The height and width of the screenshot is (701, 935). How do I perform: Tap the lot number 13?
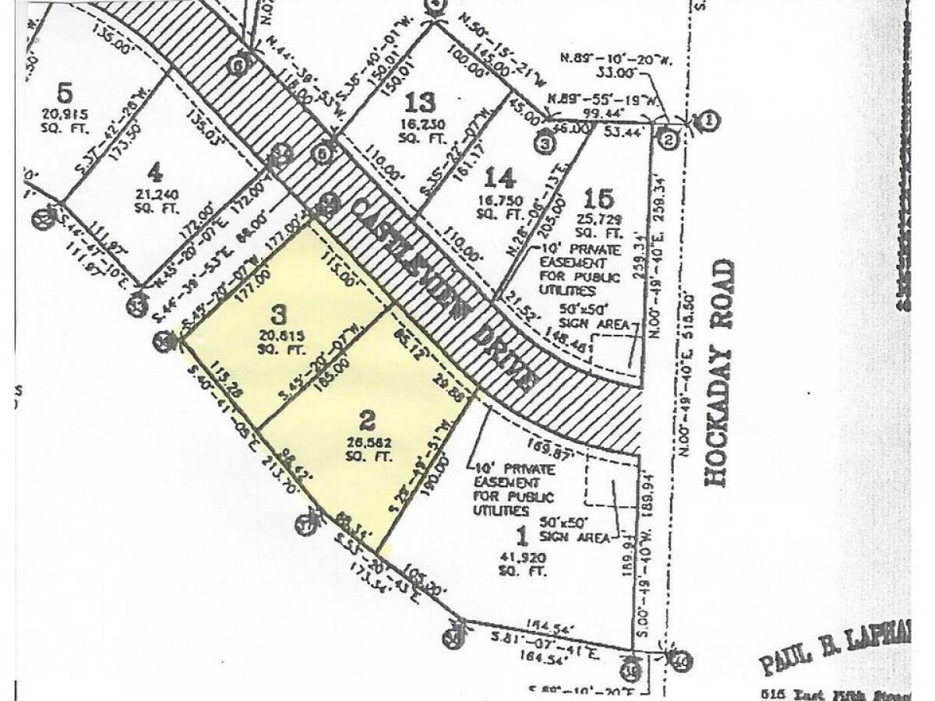point(420,102)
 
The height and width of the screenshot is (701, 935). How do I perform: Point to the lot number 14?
point(499,179)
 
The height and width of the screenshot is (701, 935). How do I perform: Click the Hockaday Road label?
point(720,373)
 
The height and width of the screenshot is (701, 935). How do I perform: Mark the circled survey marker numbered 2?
point(667,139)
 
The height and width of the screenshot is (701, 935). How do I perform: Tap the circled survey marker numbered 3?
point(545,143)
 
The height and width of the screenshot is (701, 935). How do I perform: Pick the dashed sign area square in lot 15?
point(617,351)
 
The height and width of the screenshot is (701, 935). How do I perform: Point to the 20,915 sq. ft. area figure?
point(65,121)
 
